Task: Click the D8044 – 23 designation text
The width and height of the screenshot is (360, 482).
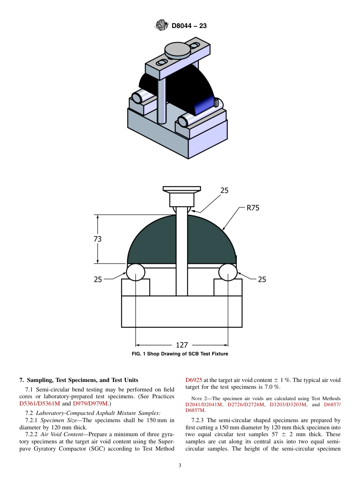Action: coord(189,26)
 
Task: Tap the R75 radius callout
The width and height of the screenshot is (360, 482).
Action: coord(253,208)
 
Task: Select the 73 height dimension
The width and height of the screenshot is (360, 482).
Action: coord(97,239)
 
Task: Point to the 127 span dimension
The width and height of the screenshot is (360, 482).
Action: coord(182,345)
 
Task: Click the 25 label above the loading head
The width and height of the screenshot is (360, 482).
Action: coord(224,190)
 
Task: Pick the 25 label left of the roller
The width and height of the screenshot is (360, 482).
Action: coord(98,279)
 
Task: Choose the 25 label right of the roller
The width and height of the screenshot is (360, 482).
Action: coord(262,279)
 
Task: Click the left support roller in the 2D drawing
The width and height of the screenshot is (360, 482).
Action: coord(136,272)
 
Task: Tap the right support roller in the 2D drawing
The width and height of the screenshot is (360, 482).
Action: coord(228,272)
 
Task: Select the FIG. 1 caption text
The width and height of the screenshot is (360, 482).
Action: coord(180,354)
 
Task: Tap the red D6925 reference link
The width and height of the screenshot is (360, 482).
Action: coord(193,380)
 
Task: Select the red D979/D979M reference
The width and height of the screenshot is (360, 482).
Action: coord(91,404)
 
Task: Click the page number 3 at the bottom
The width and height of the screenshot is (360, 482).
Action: coord(180,466)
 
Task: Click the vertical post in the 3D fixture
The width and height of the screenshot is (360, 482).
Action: coord(162,99)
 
